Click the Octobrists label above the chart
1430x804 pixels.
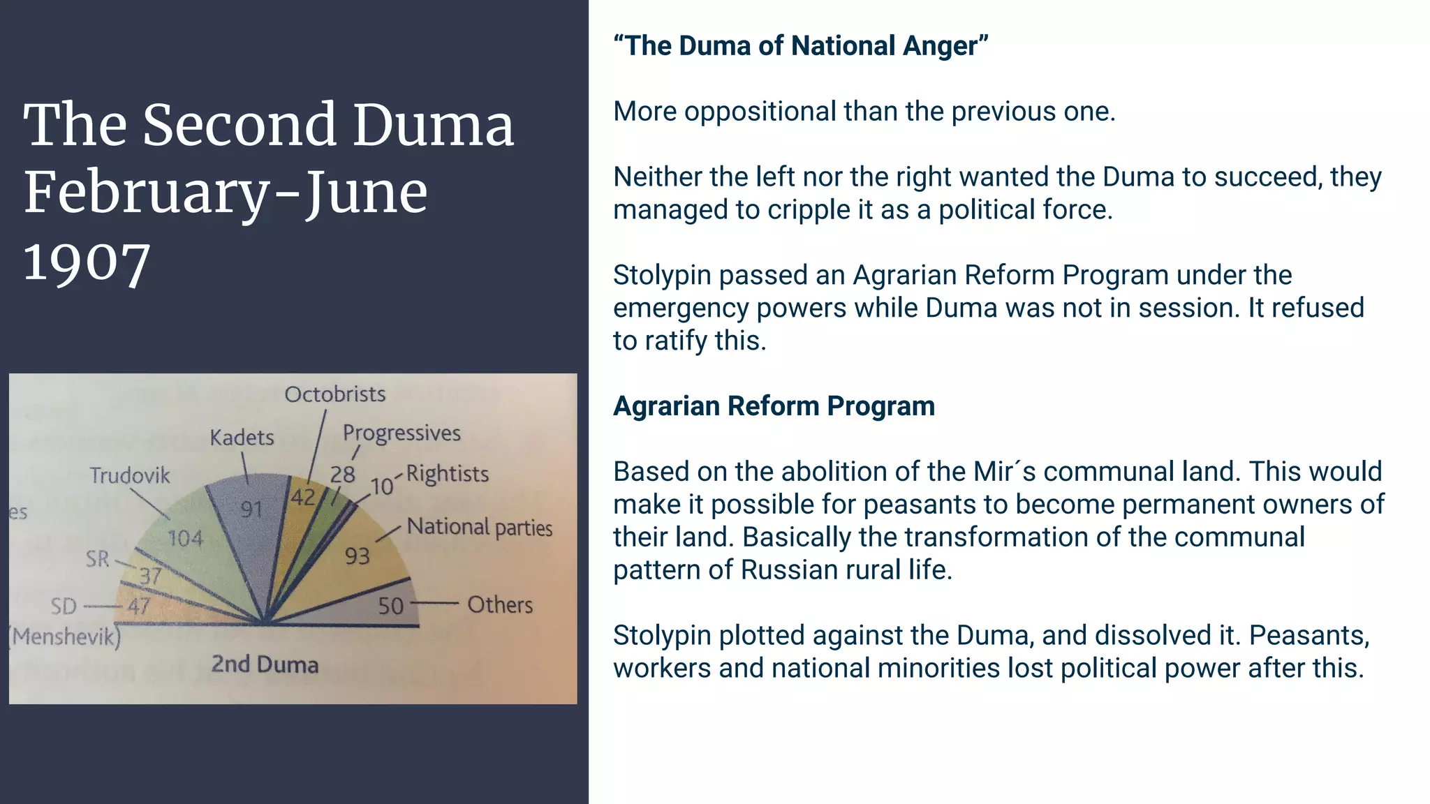coord(334,394)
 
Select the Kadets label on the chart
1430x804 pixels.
coord(242,438)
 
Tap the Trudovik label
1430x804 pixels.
coord(130,476)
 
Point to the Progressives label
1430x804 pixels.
coord(401,433)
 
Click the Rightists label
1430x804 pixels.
coord(448,474)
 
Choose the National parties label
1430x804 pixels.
coord(480,527)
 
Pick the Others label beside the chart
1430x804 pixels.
coord(500,604)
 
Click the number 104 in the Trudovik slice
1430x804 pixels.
coord(185,538)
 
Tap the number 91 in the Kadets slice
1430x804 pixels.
coord(251,509)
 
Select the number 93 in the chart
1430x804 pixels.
coord(357,556)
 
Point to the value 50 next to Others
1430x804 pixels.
coord(391,606)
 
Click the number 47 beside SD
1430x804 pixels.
coord(138,606)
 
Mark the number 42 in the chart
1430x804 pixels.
coord(303,498)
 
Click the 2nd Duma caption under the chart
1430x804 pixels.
coord(265,664)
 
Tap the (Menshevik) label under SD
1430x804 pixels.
coord(65,636)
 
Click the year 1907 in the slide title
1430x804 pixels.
coord(87,263)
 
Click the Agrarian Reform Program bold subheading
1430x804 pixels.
coord(774,406)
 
